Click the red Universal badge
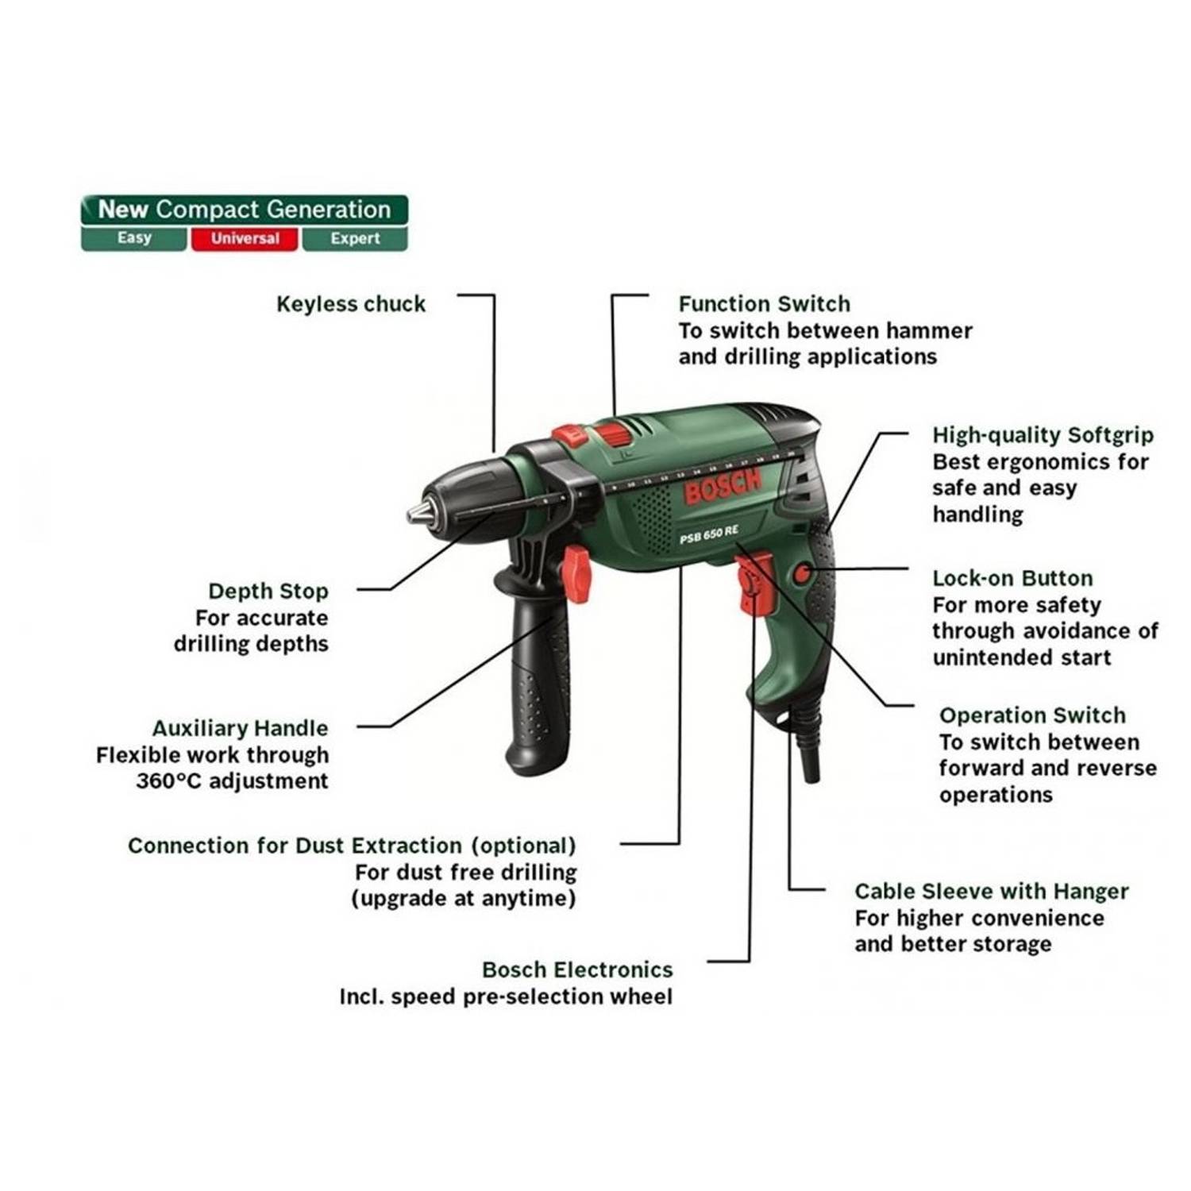point(245,238)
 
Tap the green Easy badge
point(133,238)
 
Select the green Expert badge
point(355,238)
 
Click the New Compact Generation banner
point(245,210)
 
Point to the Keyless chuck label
point(350,304)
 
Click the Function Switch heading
point(764,304)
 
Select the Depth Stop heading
point(268,592)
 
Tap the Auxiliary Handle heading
point(240,729)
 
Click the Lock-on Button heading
point(1012,578)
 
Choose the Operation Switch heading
point(1032,715)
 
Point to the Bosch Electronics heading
point(577,969)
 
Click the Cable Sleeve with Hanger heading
point(992,891)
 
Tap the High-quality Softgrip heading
point(1043,435)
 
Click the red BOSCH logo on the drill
point(723,485)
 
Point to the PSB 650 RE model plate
point(708,535)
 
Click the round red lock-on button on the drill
point(803,572)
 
